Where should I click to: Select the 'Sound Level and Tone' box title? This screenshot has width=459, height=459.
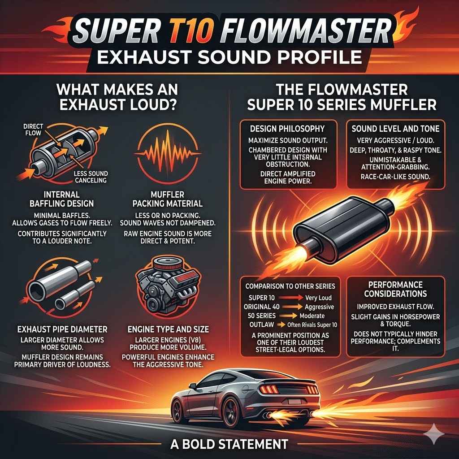(395, 129)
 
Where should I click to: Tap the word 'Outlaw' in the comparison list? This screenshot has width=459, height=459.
(259, 325)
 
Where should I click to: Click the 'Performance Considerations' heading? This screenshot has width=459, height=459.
(395, 289)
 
